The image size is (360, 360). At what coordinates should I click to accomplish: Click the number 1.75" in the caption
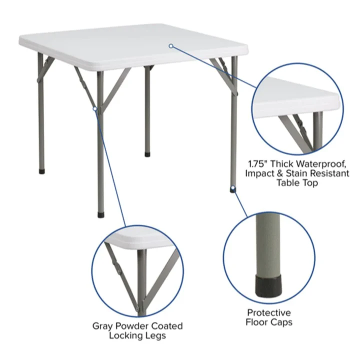pyautogui.click(x=258, y=164)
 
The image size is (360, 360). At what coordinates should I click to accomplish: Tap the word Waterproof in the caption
pyautogui.click(x=321, y=164)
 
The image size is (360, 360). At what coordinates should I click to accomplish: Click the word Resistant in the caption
pyautogui.click(x=329, y=173)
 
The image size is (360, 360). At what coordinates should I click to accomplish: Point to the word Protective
pyautogui.click(x=269, y=312)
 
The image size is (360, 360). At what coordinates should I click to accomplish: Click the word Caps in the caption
pyautogui.click(x=281, y=322)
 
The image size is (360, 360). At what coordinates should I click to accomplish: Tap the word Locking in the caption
pyautogui.click(x=126, y=335)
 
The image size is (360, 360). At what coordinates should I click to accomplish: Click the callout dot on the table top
pyautogui.click(x=171, y=46)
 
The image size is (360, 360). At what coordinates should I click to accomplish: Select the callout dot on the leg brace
pyautogui.click(x=95, y=108)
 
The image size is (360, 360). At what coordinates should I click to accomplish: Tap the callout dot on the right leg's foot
pyautogui.click(x=233, y=188)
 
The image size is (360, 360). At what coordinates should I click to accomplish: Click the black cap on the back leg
pyautogui.click(x=147, y=154)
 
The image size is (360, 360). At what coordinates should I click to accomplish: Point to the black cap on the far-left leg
pyautogui.click(x=42, y=171)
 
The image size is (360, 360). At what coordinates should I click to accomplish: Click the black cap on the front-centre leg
pyautogui.click(x=101, y=215)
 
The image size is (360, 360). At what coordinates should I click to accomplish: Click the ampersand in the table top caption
pyautogui.click(x=280, y=173)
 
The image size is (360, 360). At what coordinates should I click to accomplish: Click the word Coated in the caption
pyautogui.click(x=166, y=326)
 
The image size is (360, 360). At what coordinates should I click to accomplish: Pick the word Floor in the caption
pyautogui.click(x=256, y=322)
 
